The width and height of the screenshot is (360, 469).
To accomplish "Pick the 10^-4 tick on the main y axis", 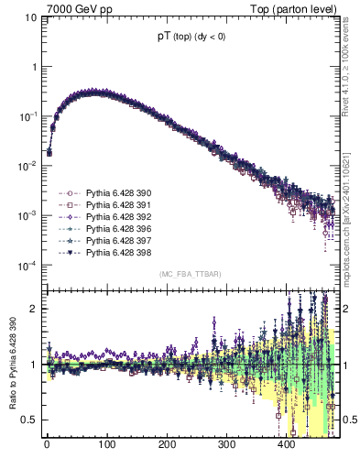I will point(27,266).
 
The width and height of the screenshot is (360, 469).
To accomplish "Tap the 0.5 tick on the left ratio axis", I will point(28,420).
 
